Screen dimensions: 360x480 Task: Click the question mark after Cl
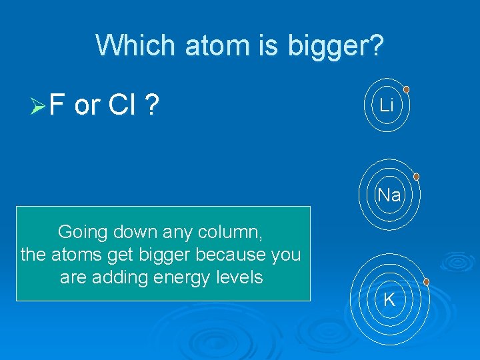[x=153, y=105]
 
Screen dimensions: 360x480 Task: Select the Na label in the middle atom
[x=389, y=195]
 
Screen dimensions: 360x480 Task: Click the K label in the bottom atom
[x=389, y=299]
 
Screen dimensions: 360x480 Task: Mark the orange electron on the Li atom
[x=406, y=89]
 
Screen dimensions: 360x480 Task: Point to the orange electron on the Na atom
[x=416, y=177]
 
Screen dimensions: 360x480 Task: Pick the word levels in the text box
[x=237, y=277]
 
